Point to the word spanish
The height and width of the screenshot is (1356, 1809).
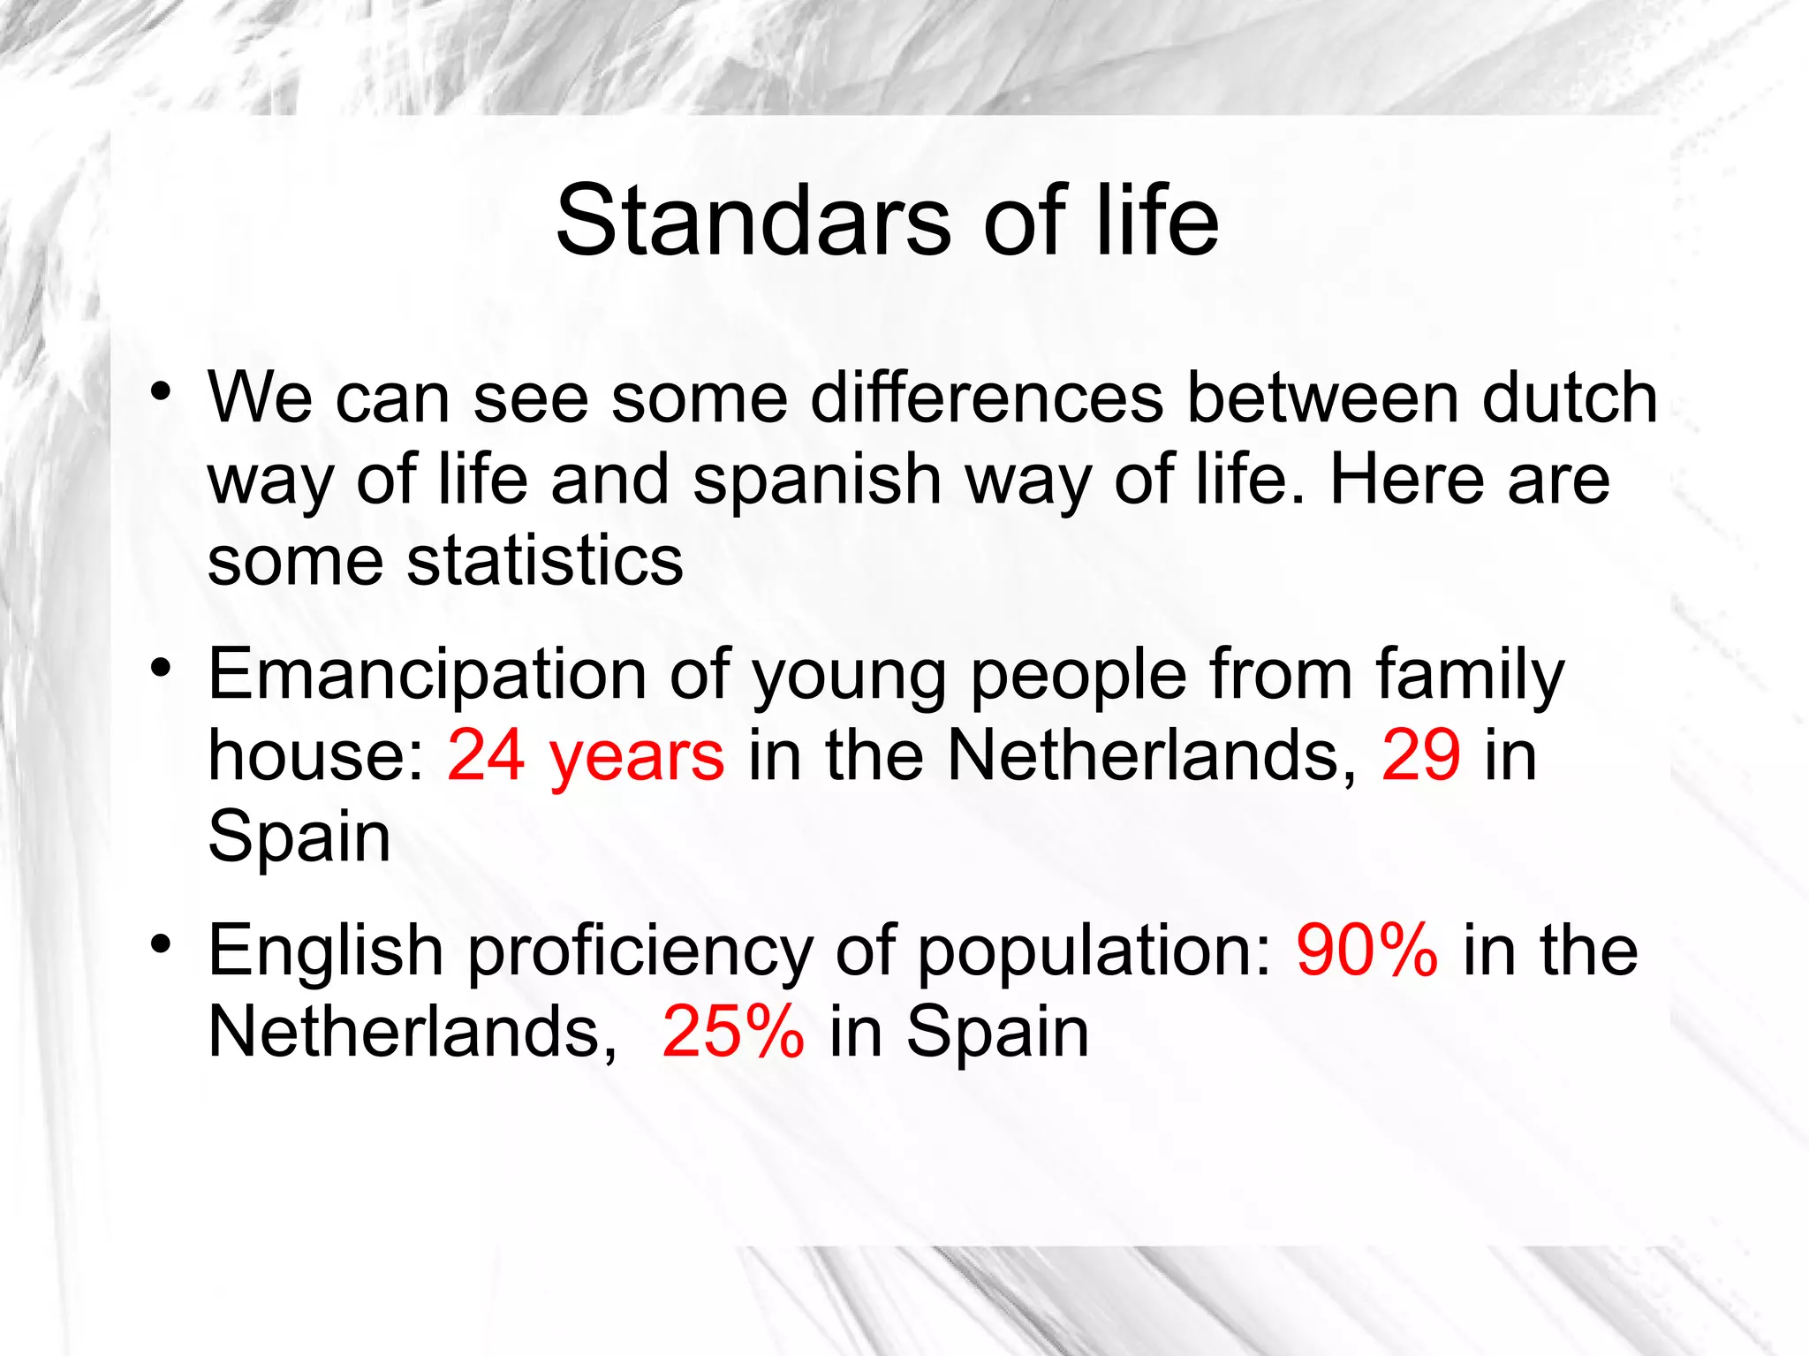click(x=817, y=480)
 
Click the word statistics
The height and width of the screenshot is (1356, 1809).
click(x=545, y=561)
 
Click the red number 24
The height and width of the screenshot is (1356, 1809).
click(x=486, y=756)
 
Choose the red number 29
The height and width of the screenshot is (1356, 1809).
click(x=1421, y=756)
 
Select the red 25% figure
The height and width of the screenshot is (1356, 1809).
click(x=733, y=1032)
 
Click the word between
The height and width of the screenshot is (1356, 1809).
click(x=1322, y=398)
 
